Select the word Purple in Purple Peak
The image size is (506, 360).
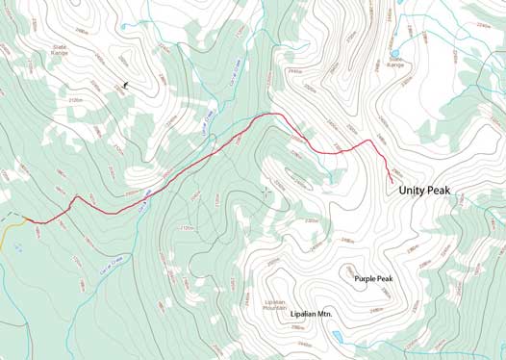pos(367,279)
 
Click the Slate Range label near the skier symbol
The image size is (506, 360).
pos(61,48)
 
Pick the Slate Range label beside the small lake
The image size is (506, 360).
pos(395,64)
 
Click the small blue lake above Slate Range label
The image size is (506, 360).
pos(395,54)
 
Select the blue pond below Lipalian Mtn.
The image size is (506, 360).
pos(337,336)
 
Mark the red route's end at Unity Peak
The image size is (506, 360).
pos(392,181)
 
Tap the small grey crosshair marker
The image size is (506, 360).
pos(266,191)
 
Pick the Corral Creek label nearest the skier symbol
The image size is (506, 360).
pos(205,121)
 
